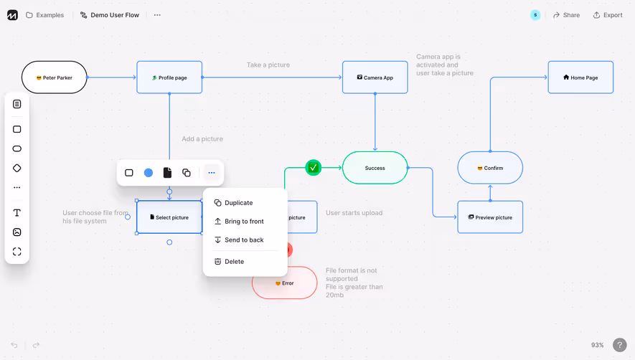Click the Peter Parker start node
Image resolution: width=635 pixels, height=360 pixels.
55,77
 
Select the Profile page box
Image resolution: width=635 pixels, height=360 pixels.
169,77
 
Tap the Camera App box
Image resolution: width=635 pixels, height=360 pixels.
375,77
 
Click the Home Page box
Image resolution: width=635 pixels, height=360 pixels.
580,77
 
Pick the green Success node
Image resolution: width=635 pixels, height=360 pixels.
375,168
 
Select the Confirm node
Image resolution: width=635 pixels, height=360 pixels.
490,168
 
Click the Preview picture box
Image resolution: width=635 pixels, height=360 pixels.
490,217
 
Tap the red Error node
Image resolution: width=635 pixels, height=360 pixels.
285,283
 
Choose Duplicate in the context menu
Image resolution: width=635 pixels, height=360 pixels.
238,203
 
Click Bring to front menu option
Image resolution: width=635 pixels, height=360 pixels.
244,222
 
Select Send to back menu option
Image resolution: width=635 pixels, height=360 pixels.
244,240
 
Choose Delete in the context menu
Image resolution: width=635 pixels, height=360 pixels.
234,262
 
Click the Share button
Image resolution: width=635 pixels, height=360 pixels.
566,15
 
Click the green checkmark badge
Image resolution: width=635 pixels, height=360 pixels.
314,168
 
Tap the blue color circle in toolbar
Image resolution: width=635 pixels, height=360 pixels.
149,173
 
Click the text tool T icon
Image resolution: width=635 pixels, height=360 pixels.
17,213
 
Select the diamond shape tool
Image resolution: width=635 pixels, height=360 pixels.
17,168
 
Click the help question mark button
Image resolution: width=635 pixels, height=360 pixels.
620,345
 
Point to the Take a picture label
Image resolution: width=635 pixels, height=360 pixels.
268,65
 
